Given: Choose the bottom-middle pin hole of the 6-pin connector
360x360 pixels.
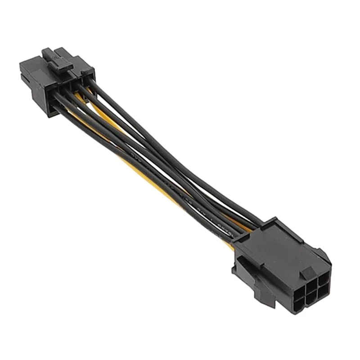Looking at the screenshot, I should click(301, 301).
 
